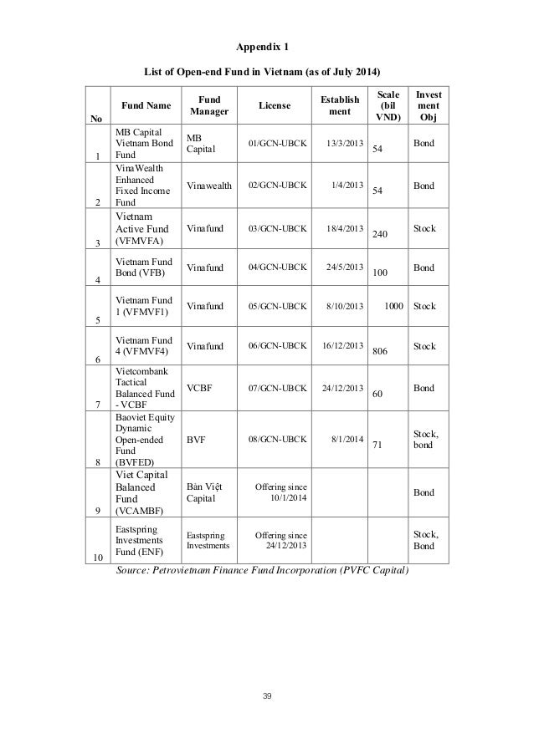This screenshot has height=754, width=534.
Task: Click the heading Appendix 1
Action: click(x=267, y=38)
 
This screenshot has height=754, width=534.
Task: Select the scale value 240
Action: click(x=382, y=236)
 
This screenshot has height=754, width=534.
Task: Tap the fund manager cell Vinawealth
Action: click(x=209, y=186)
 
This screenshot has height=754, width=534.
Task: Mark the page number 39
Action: click(x=266, y=695)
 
